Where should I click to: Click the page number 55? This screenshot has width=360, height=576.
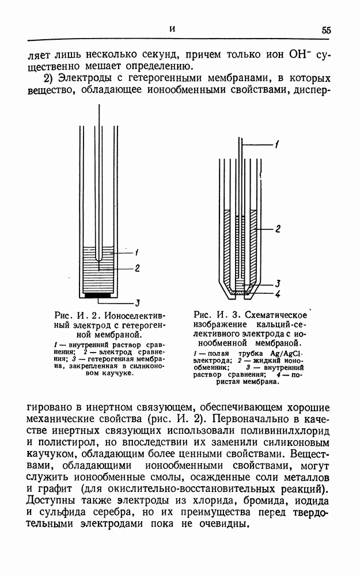click(326, 30)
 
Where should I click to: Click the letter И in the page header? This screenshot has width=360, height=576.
click(172, 29)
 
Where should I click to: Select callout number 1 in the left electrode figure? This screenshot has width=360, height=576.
click(137, 252)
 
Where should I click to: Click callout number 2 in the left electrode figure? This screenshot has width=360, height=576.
click(137, 268)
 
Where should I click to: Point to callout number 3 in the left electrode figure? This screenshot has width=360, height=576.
click(138, 304)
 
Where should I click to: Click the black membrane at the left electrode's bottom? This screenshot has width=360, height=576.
click(98, 295)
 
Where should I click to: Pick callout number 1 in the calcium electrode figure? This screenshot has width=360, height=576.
click(277, 145)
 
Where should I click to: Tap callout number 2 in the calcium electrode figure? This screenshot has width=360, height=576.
click(278, 229)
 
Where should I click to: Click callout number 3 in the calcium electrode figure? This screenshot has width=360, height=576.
click(278, 283)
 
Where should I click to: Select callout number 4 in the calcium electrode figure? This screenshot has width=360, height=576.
click(278, 294)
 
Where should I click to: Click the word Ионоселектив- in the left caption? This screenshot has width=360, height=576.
click(135, 316)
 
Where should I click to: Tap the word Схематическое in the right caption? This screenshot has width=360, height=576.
click(276, 315)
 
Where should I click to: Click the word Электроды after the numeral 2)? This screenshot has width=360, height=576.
click(90, 78)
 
